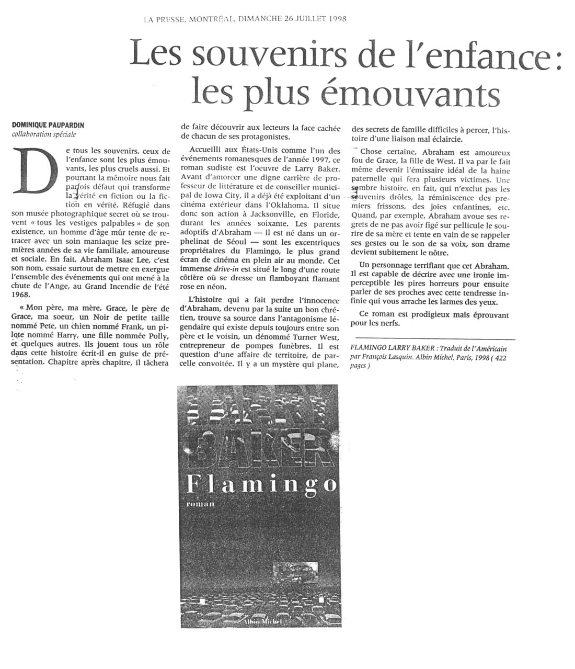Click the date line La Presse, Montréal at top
pos(245,19)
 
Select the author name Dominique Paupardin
pos(48,125)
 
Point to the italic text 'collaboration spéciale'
pos(44,134)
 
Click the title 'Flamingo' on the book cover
pos(261,484)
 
